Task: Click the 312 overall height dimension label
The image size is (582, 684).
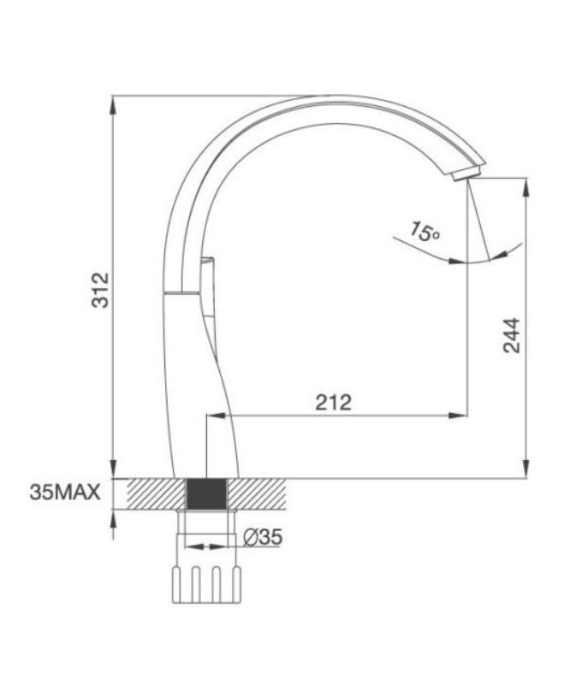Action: pos(100,290)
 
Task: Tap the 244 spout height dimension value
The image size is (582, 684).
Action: pos(511,337)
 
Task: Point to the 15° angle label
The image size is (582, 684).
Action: pos(425,230)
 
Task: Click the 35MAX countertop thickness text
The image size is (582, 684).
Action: pos(65,492)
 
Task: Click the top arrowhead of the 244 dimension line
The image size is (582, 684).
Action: pos(526,184)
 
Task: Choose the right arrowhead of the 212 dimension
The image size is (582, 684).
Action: pos(461,416)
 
